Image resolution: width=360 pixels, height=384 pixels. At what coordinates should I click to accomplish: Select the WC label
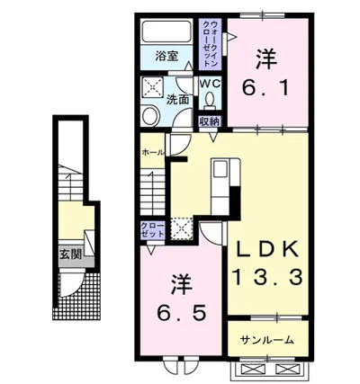click(209, 84)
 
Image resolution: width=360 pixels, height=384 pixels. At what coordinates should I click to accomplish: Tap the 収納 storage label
click(209, 121)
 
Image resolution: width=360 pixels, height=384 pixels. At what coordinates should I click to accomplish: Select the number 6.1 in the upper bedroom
click(265, 88)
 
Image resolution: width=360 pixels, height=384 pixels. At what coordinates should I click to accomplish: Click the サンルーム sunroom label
click(267, 340)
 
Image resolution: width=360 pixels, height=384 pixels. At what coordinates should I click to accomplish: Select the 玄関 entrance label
click(71, 255)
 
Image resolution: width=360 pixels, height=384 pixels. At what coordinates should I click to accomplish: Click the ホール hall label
click(151, 152)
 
